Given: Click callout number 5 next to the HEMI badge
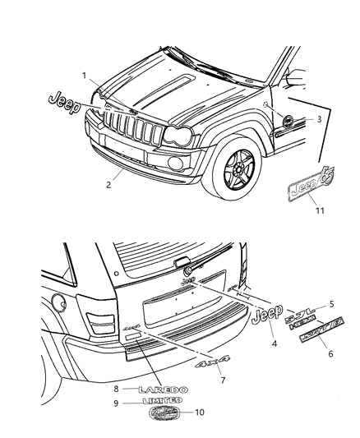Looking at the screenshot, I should tap(331, 302).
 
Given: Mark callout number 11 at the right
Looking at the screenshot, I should tap(321, 211).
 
